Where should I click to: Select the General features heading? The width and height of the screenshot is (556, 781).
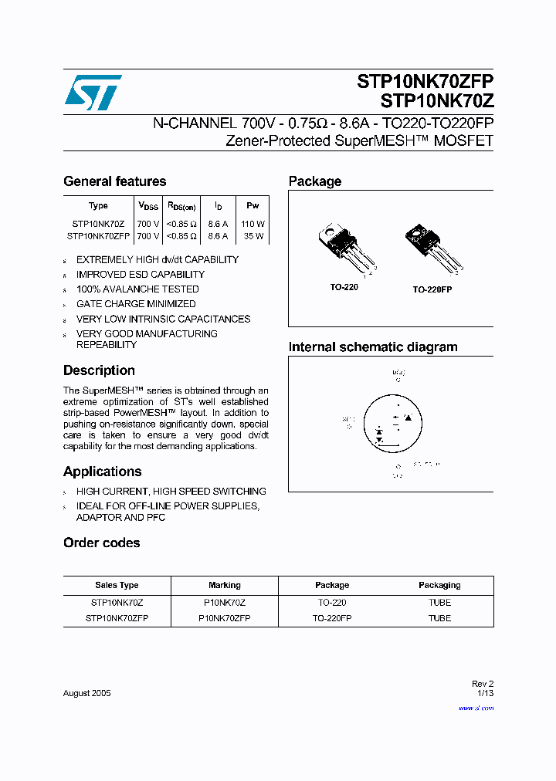[114, 181]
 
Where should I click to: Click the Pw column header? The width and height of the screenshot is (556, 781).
[253, 206]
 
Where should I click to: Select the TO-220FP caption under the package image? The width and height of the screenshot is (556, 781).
[432, 289]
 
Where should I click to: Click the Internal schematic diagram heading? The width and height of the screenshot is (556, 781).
[373, 347]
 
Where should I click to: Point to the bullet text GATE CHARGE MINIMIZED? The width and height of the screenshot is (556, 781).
[136, 304]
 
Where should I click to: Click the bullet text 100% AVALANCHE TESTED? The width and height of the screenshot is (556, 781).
[137, 289]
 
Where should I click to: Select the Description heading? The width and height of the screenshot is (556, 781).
[99, 370]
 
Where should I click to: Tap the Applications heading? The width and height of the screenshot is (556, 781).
[102, 472]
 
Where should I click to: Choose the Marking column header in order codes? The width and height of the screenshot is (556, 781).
[225, 585]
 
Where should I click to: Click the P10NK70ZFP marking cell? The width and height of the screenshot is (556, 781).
[225, 618]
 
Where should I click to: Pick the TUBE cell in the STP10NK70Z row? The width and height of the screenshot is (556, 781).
[439, 602]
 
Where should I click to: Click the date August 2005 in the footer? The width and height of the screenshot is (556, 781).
[86, 693]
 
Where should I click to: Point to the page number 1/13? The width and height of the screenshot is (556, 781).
[485, 694]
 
